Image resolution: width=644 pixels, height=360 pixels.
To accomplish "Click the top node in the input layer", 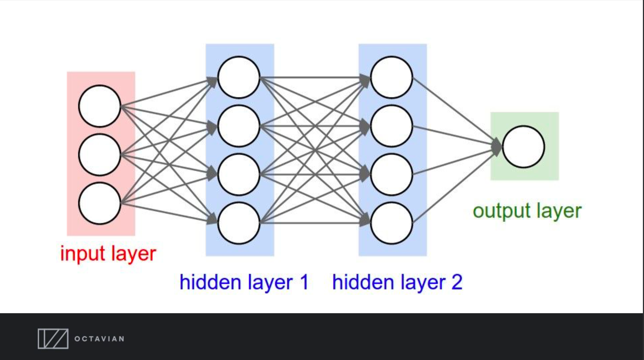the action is (100, 106).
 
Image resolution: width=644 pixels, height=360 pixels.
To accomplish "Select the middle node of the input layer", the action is (100, 155).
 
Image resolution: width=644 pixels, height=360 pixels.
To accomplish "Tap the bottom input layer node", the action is (100, 203).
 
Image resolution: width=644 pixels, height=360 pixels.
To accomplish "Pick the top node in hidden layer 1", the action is (239, 77).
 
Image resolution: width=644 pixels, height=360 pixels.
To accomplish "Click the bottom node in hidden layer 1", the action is (239, 223).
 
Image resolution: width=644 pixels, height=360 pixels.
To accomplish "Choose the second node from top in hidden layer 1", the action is (239, 126).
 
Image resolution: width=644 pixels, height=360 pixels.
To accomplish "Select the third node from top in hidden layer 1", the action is (239, 175).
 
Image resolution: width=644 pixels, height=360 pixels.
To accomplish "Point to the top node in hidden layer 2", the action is (392, 77).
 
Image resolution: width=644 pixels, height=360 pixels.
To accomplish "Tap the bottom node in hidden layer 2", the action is (392, 223).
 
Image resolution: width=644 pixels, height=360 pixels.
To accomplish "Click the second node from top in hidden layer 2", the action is (392, 126).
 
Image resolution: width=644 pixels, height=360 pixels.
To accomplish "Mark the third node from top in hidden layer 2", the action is (392, 175).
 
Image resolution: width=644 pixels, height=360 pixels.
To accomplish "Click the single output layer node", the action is (524, 147).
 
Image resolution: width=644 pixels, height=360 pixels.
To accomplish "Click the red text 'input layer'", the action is (108, 254).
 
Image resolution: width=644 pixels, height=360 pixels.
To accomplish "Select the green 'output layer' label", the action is (527, 211).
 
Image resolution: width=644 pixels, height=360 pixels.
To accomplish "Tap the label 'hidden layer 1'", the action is (244, 282).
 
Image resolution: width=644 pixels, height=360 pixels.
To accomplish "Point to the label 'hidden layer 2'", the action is (397, 282).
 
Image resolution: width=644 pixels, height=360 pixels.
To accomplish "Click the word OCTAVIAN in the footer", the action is (99, 339).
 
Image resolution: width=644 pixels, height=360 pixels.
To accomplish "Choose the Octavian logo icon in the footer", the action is (53, 339).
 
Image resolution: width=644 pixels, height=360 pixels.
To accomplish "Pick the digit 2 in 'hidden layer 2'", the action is (457, 282).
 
